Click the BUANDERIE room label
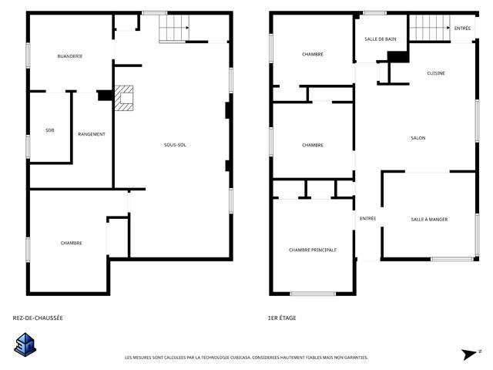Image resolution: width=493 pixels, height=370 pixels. click(x=70, y=56)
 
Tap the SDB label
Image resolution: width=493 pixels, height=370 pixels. click(x=49, y=130)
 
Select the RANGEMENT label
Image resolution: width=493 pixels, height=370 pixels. click(x=92, y=134)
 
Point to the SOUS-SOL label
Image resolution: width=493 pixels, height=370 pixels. click(x=175, y=145)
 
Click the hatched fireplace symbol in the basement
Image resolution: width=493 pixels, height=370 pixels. click(x=123, y=98)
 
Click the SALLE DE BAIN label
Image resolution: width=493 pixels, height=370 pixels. click(x=380, y=39)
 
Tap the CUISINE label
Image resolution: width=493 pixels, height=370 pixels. click(x=436, y=73)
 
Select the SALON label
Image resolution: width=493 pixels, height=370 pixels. click(x=418, y=138)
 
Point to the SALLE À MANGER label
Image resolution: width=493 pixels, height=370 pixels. click(x=429, y=220)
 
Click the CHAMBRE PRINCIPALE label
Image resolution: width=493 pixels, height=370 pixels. click(x=313, y=250)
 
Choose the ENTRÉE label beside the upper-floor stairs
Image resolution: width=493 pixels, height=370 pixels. click(x=462, y=29)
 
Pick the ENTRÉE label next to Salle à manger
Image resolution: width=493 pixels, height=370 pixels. click(x=367, y=218)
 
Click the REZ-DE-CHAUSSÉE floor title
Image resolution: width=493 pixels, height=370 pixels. click(x=38, y=318)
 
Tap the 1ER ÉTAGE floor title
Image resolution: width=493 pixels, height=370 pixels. click(x=282, y=318)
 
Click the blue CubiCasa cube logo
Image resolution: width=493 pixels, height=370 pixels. click(x=25, y=345)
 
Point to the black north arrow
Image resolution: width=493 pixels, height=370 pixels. click(x=469, y=355)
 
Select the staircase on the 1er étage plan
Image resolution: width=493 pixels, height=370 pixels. click(x=430, y=28)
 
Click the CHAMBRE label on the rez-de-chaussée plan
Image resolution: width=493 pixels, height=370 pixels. click(x=71, y=244)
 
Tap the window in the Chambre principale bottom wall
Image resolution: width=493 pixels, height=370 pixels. click(x=313, y=294)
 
